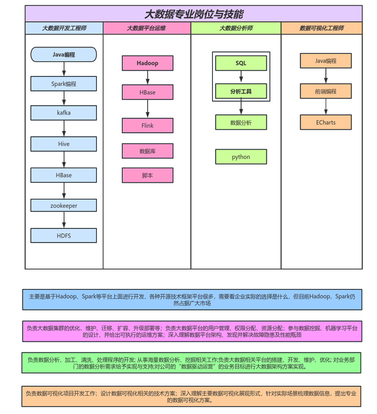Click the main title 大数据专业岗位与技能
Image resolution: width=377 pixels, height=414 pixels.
click(x=193, y=14)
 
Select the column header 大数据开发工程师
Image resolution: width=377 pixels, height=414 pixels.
click(x=64, y=28)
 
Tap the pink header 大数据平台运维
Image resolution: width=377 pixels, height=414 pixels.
click(x=147, y=28)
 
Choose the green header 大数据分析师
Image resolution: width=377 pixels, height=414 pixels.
click(x=236, y=28)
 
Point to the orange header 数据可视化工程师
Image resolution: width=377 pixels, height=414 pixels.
click(x=321, y=28)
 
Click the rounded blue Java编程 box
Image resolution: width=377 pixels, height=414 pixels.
click(x=64, y=54)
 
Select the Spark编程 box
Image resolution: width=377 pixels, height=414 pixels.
click(x=64, y=84)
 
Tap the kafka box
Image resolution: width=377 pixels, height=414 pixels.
click(x=64, y=113)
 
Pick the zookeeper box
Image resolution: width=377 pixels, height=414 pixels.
click(x=64, y=205)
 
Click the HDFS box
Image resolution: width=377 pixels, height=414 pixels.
click(x=64, y=236)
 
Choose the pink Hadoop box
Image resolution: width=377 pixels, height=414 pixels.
click(x=148, y=63)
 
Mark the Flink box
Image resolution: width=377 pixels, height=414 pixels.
click(x=148, y=126)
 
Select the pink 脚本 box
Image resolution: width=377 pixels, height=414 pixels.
click(x=148, y=175)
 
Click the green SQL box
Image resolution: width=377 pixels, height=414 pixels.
click(x=241, y=63)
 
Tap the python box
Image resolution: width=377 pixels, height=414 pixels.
click(x=241, y=157)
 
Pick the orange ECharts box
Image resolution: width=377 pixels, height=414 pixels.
click(x=325, y=122)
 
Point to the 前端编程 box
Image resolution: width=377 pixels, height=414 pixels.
click(x=325, y=91)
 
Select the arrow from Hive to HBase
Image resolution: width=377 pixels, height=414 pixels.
click(x=64, y=160)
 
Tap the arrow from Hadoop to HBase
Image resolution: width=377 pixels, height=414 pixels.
click(x=148, y=78)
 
